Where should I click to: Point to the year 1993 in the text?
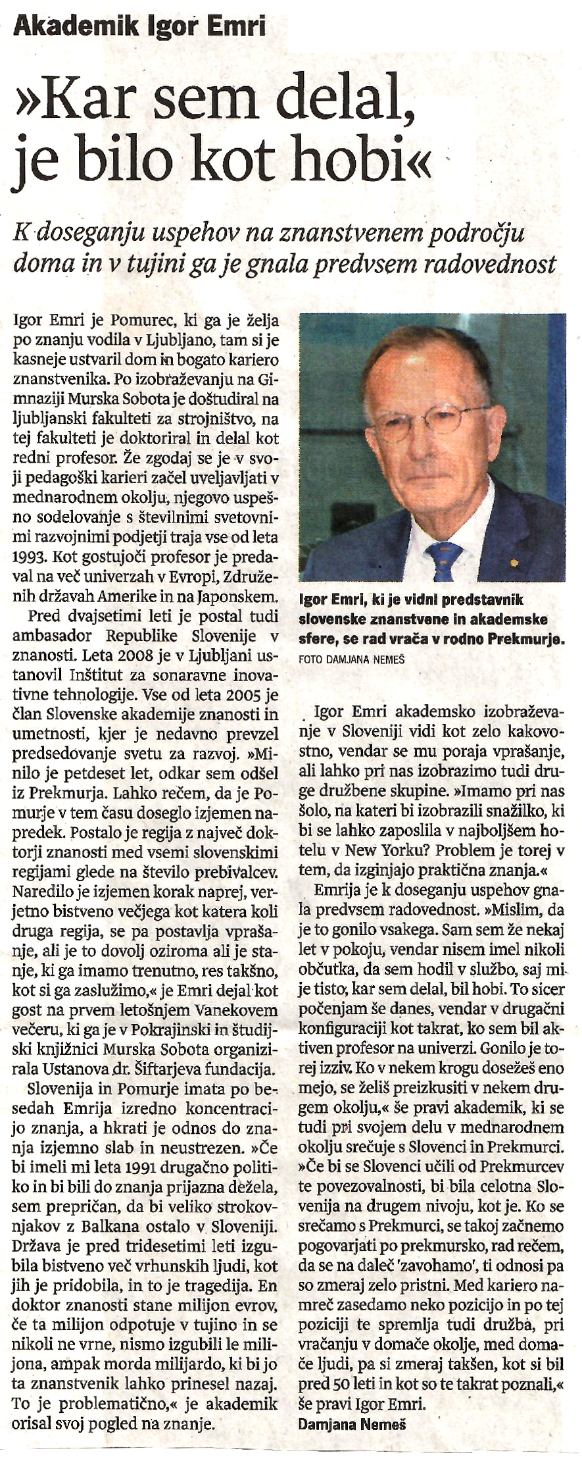(x=30, y=557)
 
